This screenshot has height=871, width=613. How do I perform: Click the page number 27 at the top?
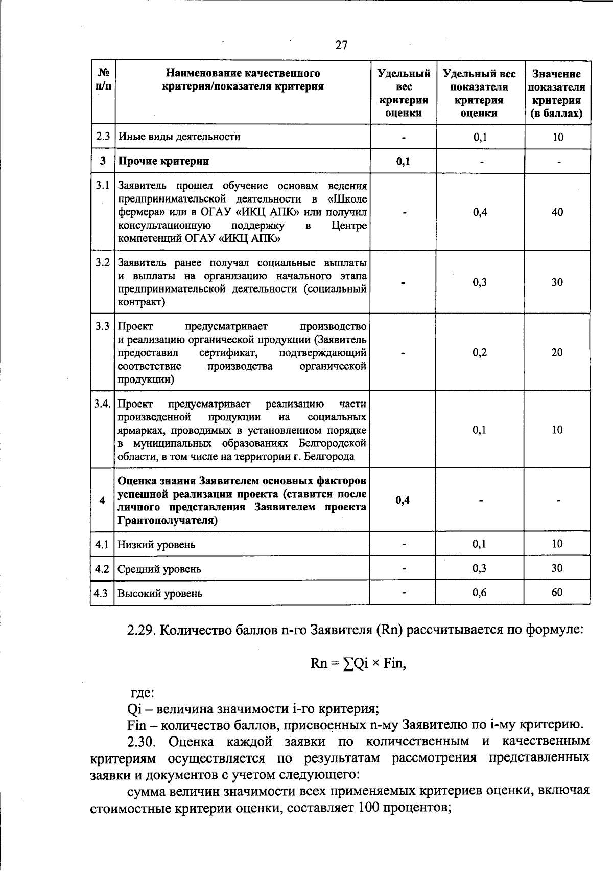pyautogui.click(x=342, y=45)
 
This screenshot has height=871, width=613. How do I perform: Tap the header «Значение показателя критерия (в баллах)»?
pyautogui.click(x=557, y=94)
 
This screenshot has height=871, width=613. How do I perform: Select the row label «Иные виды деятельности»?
pyautogui.click(x=179, y=137)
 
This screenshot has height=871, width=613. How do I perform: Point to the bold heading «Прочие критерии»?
pyautogui.click(x=163, y=161)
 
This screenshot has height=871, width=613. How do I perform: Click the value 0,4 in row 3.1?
pyautogui.click(x=480, y=212)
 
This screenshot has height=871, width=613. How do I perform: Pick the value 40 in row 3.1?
pyautogui.click(x=557, y=212)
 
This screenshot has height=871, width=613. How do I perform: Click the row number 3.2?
pyautogui.click(x=103, y=263)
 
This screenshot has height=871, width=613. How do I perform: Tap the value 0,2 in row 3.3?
pyautogui.click(x=480, y=352)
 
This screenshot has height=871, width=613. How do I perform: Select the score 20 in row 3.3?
pyautogui.click(x=557, y=352)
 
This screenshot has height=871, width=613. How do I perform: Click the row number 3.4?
pyautogui.click(x=102, y=404)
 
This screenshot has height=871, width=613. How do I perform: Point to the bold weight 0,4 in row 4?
pyautogui.click(x=403, y=500)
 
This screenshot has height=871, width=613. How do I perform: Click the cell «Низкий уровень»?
pyautogui.click(x=156, y=545)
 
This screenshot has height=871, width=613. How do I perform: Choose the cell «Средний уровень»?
pyautogui.click(x=159, y=569)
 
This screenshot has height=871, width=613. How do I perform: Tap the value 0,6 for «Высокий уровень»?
pyautogui.click(x=479, y=593)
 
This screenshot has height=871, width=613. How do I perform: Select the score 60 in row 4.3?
pyautogui.click(x=557, y=593)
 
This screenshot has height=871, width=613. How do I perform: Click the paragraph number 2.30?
pyautogui.click(x=143, y=741)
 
